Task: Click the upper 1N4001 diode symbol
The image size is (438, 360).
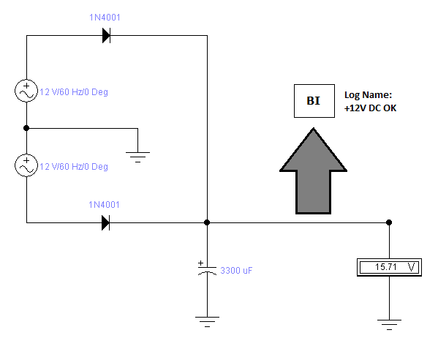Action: [107, 36]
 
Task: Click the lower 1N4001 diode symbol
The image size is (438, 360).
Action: [106, 222]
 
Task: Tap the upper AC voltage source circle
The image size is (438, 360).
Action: [26, 91]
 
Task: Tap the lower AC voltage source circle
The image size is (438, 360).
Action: [26, 165]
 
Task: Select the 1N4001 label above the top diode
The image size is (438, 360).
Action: [105, 18]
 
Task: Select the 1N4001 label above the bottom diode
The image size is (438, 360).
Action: [104, 205]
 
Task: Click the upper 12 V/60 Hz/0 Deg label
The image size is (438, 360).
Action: [74, 92]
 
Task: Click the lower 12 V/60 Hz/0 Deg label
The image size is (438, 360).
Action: [74, 167]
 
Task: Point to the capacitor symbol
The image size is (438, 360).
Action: [207, 269]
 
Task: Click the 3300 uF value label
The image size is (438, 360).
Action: [236, 271]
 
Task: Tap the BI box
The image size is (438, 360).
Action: [314, 101]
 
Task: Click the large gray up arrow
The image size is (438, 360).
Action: [314, 171]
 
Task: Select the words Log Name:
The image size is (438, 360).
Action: [368, 94]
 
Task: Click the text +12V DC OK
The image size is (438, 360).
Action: [370, 108]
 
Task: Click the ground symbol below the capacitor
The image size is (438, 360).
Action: [207, 321]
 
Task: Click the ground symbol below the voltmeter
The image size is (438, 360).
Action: [390, 324]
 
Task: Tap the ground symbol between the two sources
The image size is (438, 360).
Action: [137, 157]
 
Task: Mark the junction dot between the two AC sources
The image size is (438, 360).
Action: [26, 128]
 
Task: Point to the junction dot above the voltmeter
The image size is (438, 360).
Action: [389, 222]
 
